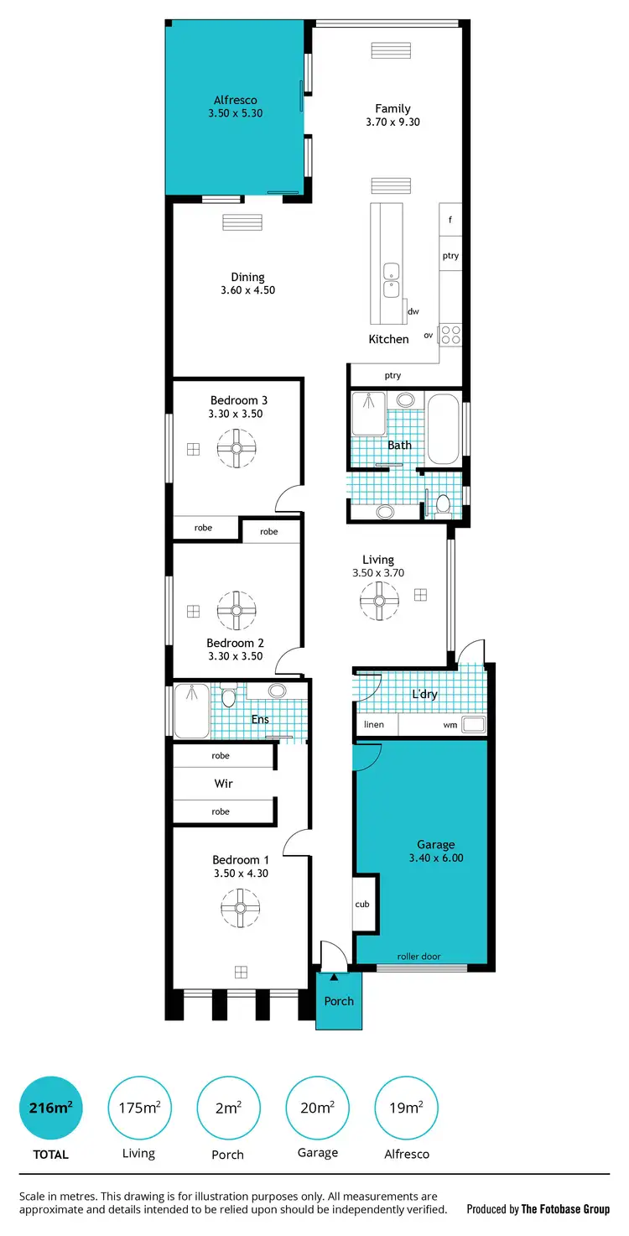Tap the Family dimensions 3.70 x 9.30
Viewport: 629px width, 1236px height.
(x=392, y=122)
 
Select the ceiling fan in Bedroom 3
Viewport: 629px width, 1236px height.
(x=237, y=448)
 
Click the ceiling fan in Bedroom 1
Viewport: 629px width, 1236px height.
(x=240, y=907)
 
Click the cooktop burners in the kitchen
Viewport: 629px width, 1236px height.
(x=450, y=335)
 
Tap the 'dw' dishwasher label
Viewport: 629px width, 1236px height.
(x=413, y=311)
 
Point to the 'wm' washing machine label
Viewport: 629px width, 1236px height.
(x=450, y=725)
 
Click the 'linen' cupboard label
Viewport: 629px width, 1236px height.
(x=373, y=725)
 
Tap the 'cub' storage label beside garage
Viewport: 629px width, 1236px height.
(x=362, y=904)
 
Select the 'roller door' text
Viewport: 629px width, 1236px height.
(x=419, y=956)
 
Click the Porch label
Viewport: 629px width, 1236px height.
(x=339, y=1000)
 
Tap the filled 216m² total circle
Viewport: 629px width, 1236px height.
(x=51, y=1108)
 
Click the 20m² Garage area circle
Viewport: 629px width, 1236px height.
(x=317, y=1108)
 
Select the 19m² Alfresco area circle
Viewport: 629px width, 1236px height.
(x=406, y=1108)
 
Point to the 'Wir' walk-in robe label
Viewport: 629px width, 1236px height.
(x=223, y=784)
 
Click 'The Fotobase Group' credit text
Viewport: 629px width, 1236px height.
(x=565, y=1209)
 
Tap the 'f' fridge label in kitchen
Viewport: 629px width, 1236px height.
(x=450, y=220)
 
